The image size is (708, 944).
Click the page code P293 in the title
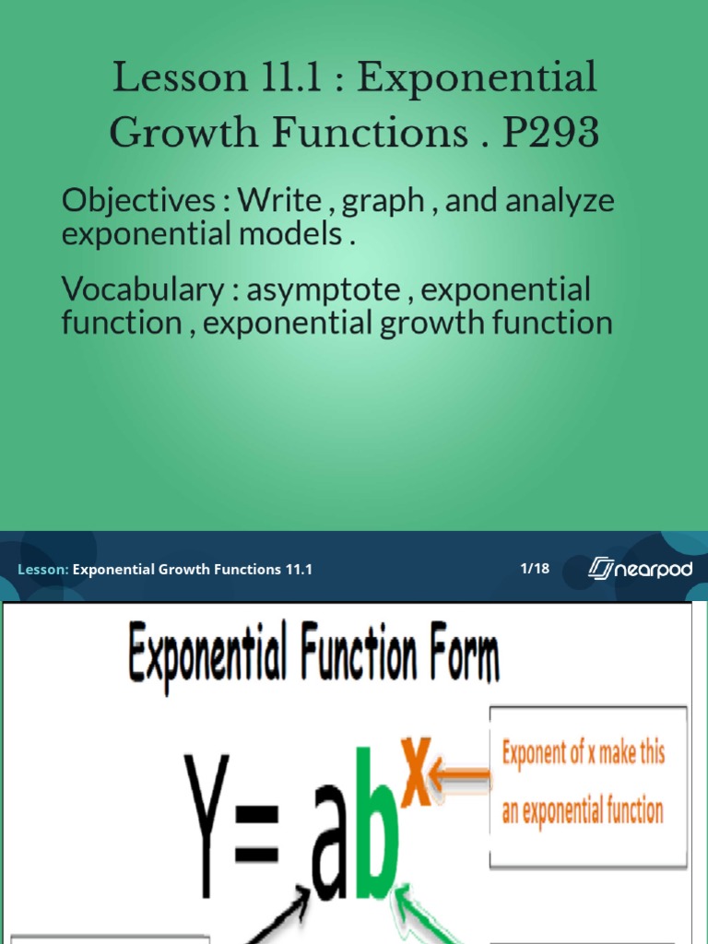[550, 133]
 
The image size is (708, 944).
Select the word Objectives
[144, 202]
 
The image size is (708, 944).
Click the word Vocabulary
[143, 290]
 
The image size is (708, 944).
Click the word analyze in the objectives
[562, 202]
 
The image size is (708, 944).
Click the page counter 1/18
[535, 568]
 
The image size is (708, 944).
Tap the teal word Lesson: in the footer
[42, 570]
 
